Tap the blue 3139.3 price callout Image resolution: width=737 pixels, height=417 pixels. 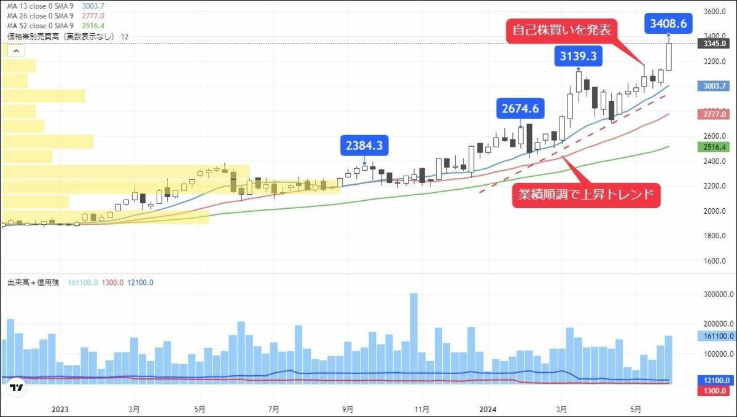point(578,57)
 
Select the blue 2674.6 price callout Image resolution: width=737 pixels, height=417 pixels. point(520,109)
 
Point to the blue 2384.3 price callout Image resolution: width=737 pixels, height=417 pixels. point(364,146)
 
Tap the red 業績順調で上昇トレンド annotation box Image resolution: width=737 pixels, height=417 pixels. point(586,196)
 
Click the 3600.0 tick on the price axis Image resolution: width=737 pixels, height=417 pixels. point(715,12)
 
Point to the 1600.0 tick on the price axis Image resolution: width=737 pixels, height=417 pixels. point(715,261)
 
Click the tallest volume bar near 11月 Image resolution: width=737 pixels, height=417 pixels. point(414,338)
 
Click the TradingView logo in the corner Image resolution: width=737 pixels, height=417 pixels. point(17,388)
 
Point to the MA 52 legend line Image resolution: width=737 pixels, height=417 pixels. point(41,26)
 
